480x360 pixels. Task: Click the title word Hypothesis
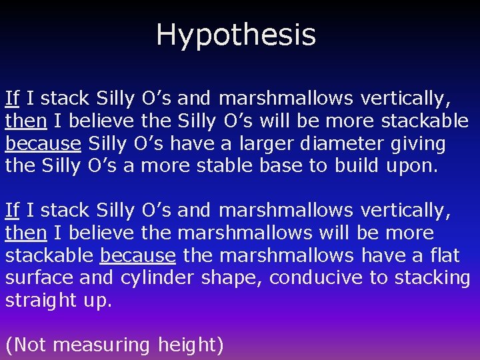236,35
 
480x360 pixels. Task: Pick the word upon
412,165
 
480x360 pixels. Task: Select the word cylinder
160,277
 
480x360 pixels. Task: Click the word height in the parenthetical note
191,345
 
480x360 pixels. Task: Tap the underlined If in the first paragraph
12,98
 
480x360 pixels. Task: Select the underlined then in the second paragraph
25,233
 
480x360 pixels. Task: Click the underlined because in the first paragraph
43,143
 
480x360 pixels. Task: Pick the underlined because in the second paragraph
138,255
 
